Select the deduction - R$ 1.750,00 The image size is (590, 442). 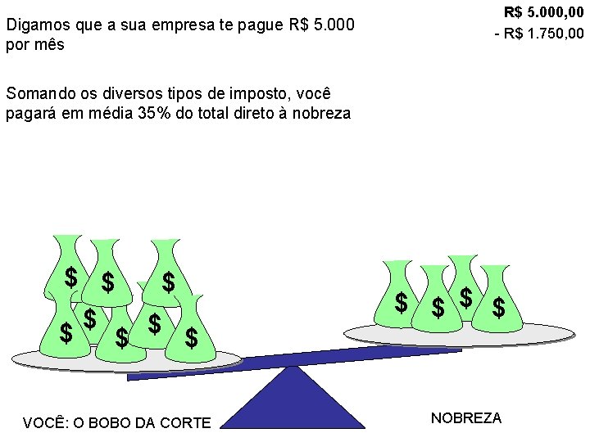(539, 34)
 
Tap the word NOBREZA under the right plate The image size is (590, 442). (465, 418)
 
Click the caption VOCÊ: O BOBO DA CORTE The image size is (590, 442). (116, 423)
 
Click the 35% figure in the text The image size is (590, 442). (153, 113)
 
